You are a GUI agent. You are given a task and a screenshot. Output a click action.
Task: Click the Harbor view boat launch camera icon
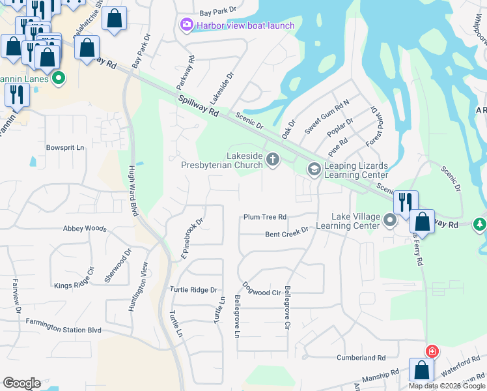187,25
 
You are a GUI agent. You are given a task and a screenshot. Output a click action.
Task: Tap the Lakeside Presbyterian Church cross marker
273,158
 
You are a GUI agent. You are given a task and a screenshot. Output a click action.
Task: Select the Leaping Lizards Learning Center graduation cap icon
314,169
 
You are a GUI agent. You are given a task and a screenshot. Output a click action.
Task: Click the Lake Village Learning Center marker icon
390,221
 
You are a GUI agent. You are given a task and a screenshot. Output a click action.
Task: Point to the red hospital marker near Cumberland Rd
431,352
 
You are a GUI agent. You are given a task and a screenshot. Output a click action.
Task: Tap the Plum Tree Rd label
265,217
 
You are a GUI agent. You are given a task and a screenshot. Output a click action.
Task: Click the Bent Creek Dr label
286,233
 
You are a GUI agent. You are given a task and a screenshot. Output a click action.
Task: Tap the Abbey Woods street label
85,229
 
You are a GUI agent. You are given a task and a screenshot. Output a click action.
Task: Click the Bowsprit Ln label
65,148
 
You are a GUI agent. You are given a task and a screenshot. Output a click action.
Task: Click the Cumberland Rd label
361,358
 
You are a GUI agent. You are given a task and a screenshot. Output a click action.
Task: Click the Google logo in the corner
21,383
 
